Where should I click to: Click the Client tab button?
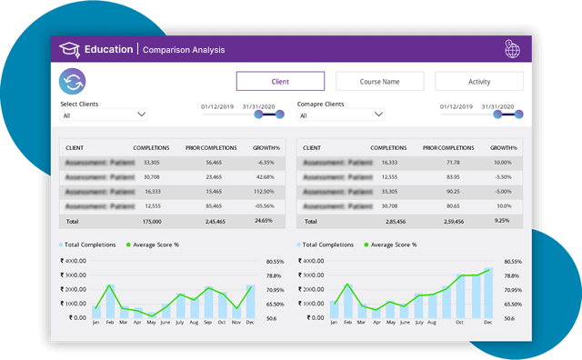click(x=280, y=82)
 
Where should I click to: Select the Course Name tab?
click(x=379, y=82)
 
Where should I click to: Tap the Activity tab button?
click(x=478, y=82)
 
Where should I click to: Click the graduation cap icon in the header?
click(x=69, y=49)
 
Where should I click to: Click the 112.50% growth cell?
click(x=265, y=192)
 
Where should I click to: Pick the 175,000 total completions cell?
click(x=151, y=221)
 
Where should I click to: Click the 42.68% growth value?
click(x=265, y=176)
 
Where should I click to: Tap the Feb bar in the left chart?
click(x=110, y=303)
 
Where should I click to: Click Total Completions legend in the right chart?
click(x=326, y=245)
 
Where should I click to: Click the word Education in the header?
click(x=108, y=49)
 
